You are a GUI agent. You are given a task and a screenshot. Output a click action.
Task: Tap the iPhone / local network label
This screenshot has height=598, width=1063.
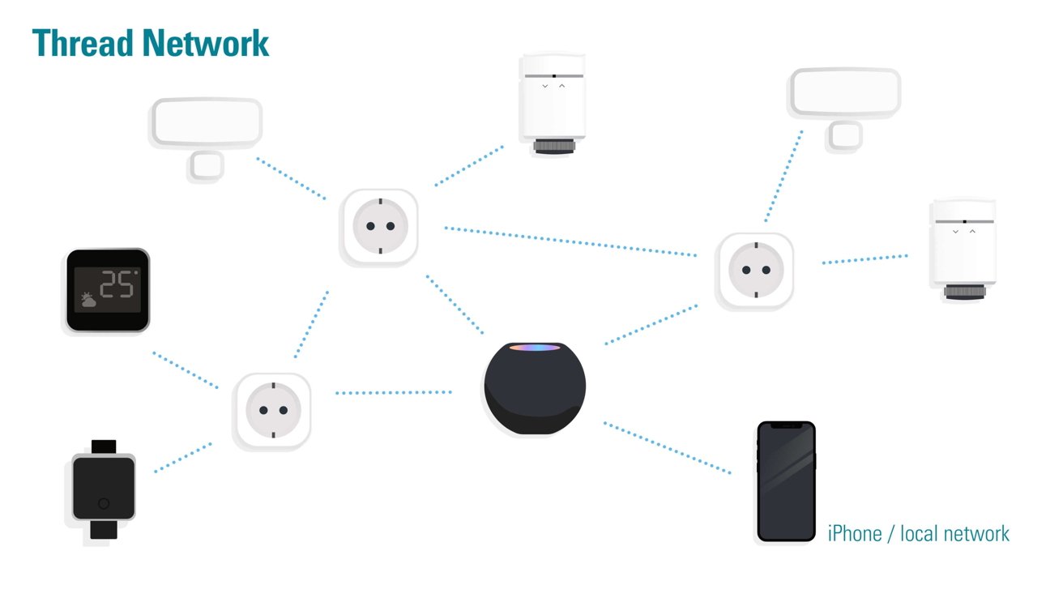pyautogui.click(x=918, y=533)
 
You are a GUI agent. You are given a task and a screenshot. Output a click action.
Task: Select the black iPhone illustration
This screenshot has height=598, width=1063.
pyautogui.click(x=785, y=481)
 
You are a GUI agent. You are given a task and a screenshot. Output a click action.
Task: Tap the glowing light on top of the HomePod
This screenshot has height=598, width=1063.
pyautogui.click(x=534, y=348)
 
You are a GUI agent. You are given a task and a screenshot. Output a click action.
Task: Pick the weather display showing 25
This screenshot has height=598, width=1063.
pyautogui.click(x=108, y=289)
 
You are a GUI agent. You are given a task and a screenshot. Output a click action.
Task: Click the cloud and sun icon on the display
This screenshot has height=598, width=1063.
pyautogui.click(x=88, y=301)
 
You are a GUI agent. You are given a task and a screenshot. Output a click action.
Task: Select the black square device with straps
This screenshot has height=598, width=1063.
pyautogui.click(x=104, y=489)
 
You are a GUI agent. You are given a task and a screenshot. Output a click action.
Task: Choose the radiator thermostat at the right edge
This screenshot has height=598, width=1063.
pyautogui.click(x=963, y=249)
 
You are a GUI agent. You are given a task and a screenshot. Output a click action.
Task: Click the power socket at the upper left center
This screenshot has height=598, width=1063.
pyautogui.click(x=379, y=227)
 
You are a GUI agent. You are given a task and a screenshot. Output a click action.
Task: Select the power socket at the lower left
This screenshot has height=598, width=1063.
pyautogui.click(x=272, y=411)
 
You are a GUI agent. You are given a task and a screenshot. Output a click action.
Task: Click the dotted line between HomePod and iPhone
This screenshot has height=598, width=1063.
pyautogui.click(x=667, y=447)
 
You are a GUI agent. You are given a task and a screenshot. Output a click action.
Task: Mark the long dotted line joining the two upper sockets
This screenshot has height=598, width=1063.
pyautogui.click(x=570, y=241)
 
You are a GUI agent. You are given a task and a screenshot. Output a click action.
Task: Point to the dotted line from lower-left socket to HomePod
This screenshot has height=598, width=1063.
pyautogui.click(x=394, y=393)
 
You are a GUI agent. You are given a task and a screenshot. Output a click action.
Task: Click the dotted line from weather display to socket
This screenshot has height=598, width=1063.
pyautogui.click(x=186, y=369)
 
